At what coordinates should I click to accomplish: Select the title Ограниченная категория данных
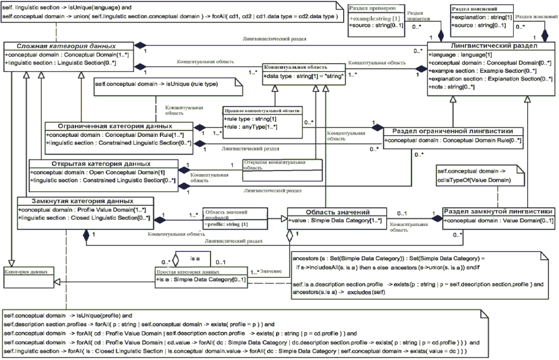pyautogui.click(x=116, y=126)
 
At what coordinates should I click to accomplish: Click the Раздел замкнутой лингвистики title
pyautogui.click(x=498, y=211)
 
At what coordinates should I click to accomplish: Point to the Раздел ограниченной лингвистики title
pyautogui.click(x=453, y=131)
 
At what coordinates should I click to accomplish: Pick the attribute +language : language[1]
pyautogui.click(x=458, y=54)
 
